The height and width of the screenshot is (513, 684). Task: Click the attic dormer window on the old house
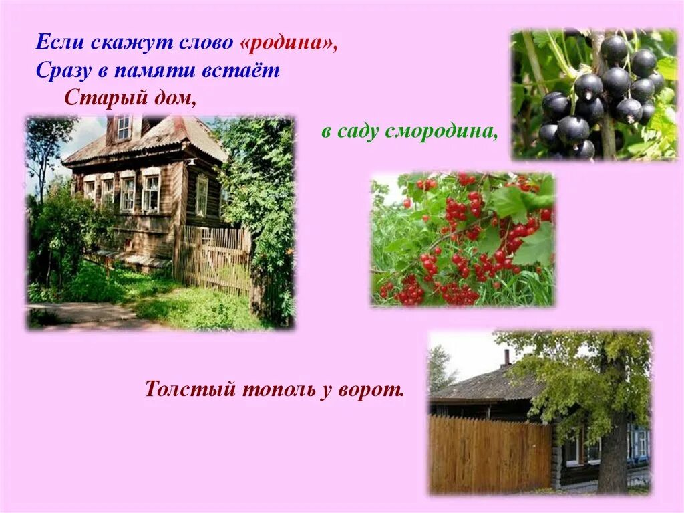coord(124,127)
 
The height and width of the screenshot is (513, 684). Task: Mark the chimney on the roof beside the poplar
coord(506,358)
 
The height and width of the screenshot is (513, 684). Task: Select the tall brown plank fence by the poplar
coord(490,454)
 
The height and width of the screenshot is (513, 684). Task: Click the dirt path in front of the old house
coord(80,314)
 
